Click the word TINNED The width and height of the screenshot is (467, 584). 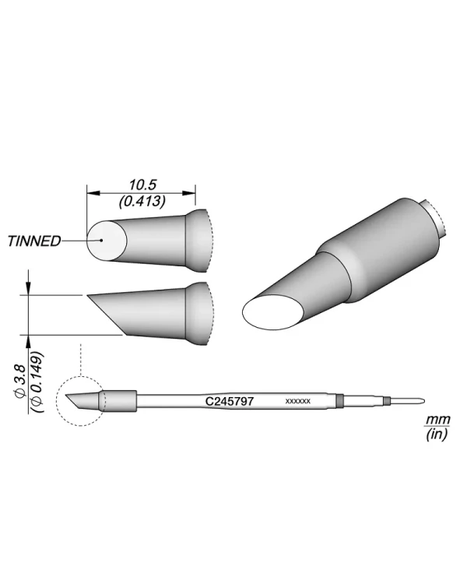pos(34,241)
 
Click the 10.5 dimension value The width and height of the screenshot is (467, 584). pos(142,185)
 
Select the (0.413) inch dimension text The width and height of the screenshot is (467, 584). pos(142,201)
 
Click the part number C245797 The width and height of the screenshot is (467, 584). pos(230,401)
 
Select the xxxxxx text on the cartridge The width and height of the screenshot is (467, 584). pos(297,402)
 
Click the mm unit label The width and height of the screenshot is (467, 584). pos(438,420)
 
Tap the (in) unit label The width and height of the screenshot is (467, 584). pos(437,434)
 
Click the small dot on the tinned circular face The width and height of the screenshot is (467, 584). pos(101,240)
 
